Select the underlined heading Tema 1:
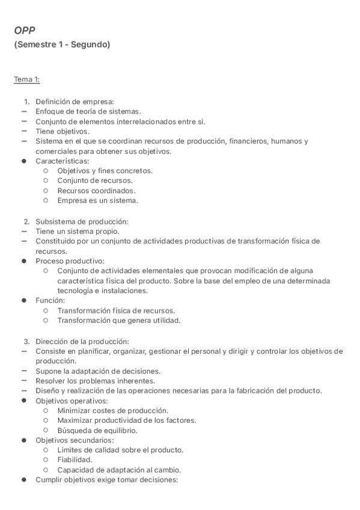pos(27,79)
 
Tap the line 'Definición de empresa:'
pos(75,101)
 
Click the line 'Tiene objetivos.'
pos(63,131)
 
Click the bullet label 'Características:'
pos(63,161)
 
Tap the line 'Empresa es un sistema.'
pos(98,200)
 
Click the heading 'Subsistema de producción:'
pos(82,221)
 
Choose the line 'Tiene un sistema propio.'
pos(78,231)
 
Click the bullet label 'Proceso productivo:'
pos(70,261)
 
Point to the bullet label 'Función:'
pos(50,301)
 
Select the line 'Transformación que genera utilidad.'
pos(119,321)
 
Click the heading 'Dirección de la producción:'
pos(82,341)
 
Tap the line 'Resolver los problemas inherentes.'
pos(96,381)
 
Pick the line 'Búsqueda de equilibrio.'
pos(97,430)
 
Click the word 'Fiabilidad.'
pos(75,460)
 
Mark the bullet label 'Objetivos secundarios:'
pos(75,440)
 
